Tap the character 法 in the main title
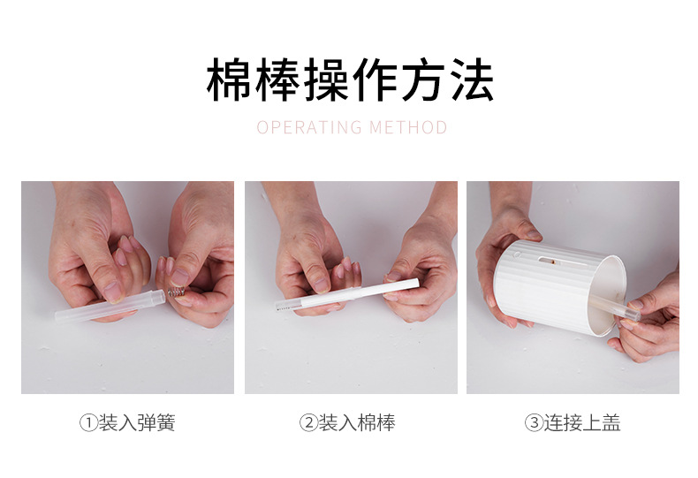click(x=470, y=80)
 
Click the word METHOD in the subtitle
click(x=409, y=128)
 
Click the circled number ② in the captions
click(x=307, y=423)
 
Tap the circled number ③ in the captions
click(x=533, y=423)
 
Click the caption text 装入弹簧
click(x=137, y=423)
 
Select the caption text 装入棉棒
click(x=357, y=423)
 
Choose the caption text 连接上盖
click(x=582, y=423)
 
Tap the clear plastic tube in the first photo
click(x=106, y=306)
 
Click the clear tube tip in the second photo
click(x=285, y=305)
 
